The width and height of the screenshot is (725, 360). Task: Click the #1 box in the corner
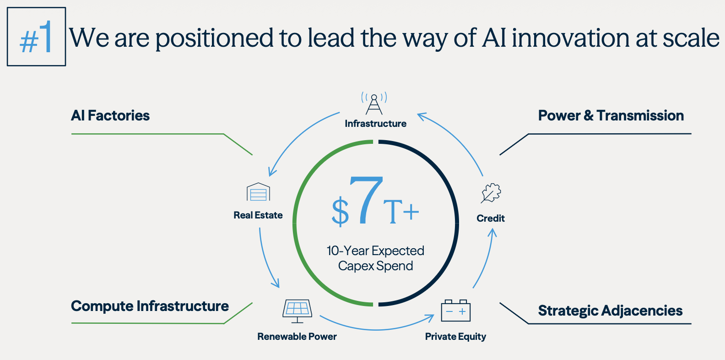(x=36, y=37)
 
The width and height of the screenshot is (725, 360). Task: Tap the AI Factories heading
(x=110, y=115)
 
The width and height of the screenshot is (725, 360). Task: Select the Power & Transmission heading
(x=611, y=115)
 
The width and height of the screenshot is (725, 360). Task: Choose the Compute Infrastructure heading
(x=150, y=306)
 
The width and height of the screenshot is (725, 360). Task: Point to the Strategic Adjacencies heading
(x=610, y=311)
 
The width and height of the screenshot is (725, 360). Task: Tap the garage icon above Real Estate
(x=258, y=192)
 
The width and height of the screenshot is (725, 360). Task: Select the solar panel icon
(x=298, y=311)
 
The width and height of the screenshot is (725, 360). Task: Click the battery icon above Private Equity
(x=455, y=311)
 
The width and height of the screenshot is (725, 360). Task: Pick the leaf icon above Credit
(x=491, y=193)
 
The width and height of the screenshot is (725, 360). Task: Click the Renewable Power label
(x=297, y=337)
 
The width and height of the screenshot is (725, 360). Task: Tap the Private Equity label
(x=455, y=337)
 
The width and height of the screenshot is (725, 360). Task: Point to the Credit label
(x=491, y=218)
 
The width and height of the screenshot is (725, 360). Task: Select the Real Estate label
(x=258, y=215)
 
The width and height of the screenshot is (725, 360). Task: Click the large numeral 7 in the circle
(x=366, y=200)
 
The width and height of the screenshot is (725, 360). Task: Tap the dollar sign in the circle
(x=340, y=211)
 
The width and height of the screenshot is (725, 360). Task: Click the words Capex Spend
(x=375, y=266)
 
